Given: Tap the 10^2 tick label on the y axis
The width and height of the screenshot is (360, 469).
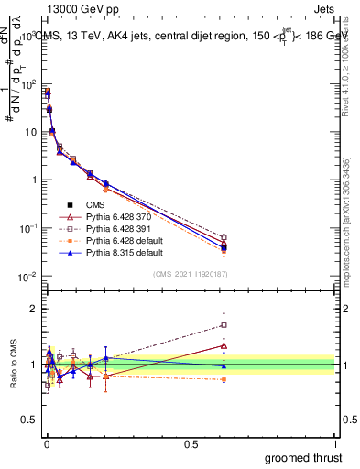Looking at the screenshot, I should point(27,84).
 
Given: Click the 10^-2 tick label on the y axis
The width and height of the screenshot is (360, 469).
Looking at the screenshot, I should point(27,277).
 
